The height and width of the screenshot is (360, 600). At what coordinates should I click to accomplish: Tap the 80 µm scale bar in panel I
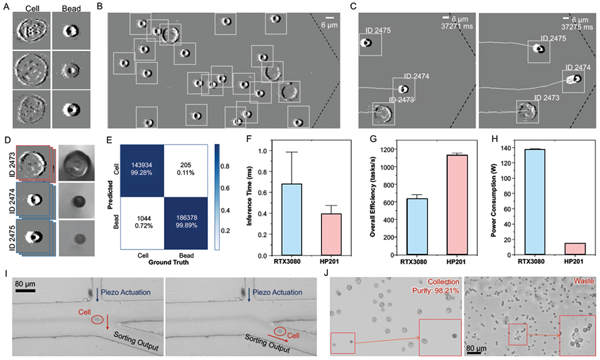pos(25,290)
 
